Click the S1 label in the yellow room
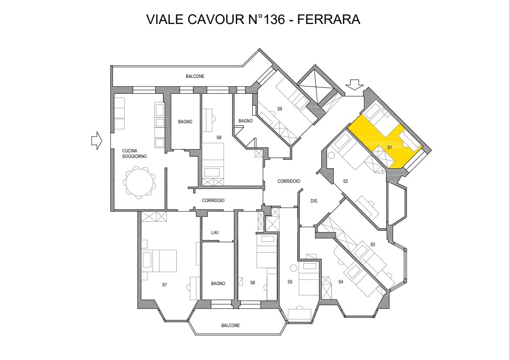[x=390, y=147]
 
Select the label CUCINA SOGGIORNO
[x=134, y=154]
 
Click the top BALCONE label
[x=195, y=76]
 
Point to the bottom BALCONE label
[x=231, y=325]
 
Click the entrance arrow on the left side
[x=97, y=140]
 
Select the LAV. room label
[x=216, y=232]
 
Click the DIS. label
[x=314, y=201]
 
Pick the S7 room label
[x=165, y=284]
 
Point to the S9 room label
[x=279, y=109]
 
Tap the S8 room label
[x=219, y=137]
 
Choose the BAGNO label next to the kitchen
[x=185, y=122]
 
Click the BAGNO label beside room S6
[x=218, y=283]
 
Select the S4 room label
[x=341, y=282]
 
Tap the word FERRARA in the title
[x=328, y=19]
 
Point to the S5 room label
[x=290, y=282]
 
